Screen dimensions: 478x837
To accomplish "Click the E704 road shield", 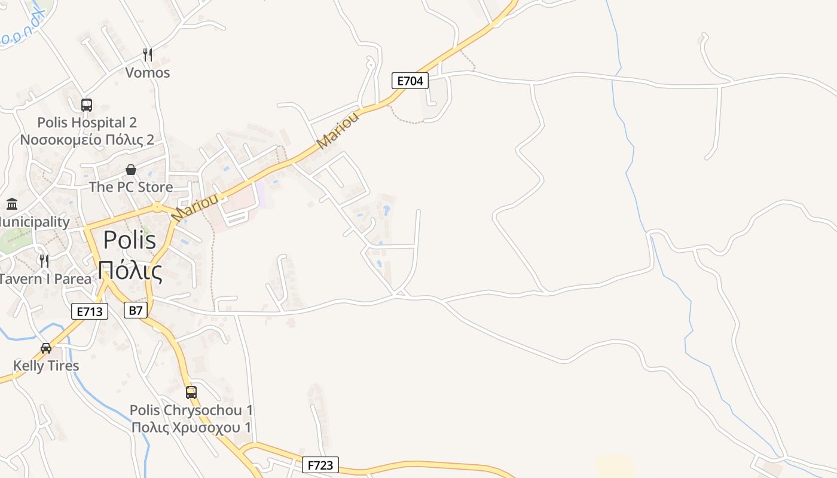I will [410, 81].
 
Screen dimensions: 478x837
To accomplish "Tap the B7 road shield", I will [136, 310].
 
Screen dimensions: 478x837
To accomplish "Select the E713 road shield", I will [90, 311].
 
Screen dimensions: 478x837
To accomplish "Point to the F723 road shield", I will [320, 465].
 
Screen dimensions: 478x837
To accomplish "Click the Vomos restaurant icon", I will [148, 55].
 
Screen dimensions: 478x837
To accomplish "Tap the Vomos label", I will [148, 73].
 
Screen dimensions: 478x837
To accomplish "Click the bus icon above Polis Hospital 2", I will [87, 105].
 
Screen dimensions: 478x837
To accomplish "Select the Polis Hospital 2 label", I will [87, 122].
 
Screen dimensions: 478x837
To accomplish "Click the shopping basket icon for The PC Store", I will [131, 170].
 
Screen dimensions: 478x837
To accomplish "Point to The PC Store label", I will [131, 187].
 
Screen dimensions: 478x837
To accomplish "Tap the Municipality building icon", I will [12, 204].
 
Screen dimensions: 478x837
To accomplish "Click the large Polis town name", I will [130, 240].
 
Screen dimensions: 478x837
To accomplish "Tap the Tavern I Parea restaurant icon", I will [44, 261].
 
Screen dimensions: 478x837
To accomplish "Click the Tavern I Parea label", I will [45, 279].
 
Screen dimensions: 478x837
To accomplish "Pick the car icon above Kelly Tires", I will [46, 348].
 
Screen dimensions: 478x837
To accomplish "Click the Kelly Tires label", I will [46, 366].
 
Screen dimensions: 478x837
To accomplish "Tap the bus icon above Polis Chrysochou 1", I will [191, 393].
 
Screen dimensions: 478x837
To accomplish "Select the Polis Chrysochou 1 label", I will [191, 410].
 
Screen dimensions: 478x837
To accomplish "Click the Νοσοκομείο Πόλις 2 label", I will [87, 140].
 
